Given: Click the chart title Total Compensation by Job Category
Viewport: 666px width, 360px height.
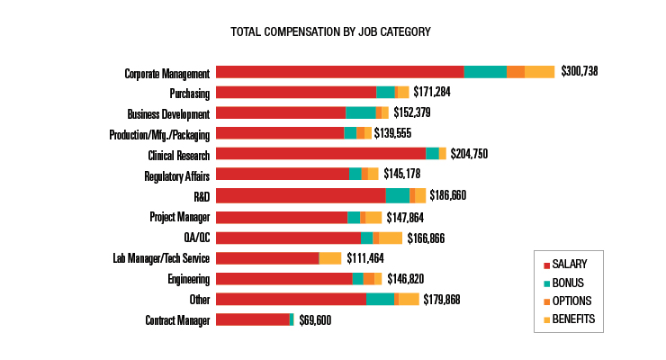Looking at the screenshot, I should pos(330,31).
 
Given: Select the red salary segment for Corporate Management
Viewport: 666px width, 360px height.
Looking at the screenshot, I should pos(339,72).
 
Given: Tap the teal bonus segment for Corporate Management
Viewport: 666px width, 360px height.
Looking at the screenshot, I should pos(485,72).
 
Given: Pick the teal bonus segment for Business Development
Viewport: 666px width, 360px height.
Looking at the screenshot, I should pos(360,112).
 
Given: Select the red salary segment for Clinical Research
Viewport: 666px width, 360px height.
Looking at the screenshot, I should pos(320,154).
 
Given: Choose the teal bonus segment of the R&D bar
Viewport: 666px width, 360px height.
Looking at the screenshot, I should pos(397,195).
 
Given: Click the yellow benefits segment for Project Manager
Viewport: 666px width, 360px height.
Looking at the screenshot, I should pos(373,217).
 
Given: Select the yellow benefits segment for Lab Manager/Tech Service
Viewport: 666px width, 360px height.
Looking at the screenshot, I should pos(330,258).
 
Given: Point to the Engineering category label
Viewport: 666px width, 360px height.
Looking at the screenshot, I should pos(188,279).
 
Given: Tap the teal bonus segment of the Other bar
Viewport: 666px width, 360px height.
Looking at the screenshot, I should pos(380,299).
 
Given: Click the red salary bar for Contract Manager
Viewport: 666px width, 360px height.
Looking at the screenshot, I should pos(253,319).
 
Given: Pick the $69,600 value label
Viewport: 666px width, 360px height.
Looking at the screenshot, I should pos(315,319).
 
